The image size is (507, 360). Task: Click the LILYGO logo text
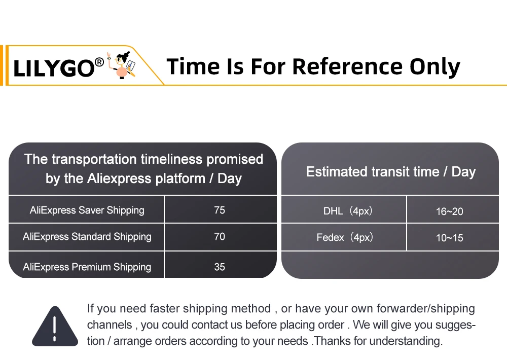(x=54, y=68)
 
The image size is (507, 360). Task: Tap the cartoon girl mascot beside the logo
(x=122, y=65)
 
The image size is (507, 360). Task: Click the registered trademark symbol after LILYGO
(x=99, y=62)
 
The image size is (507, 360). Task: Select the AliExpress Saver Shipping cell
(x=87, y=210)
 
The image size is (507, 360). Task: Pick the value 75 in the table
(x=220, y=210)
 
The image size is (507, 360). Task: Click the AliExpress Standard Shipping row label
(x=87, y=237)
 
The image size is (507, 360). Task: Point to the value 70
(x=220, y=236)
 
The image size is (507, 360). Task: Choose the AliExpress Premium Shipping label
(x=87, y=267)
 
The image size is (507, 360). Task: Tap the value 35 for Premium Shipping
(x=220, y=267)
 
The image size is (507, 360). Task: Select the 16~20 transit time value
(x=449, y=211)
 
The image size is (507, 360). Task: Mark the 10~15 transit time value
(x=449, y=238)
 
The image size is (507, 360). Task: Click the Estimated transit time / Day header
(x=391, y=172)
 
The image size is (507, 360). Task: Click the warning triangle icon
(x=55, y=326)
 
